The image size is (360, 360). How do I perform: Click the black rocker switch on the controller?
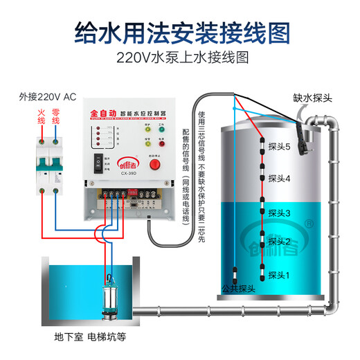[x=98, y=164]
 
